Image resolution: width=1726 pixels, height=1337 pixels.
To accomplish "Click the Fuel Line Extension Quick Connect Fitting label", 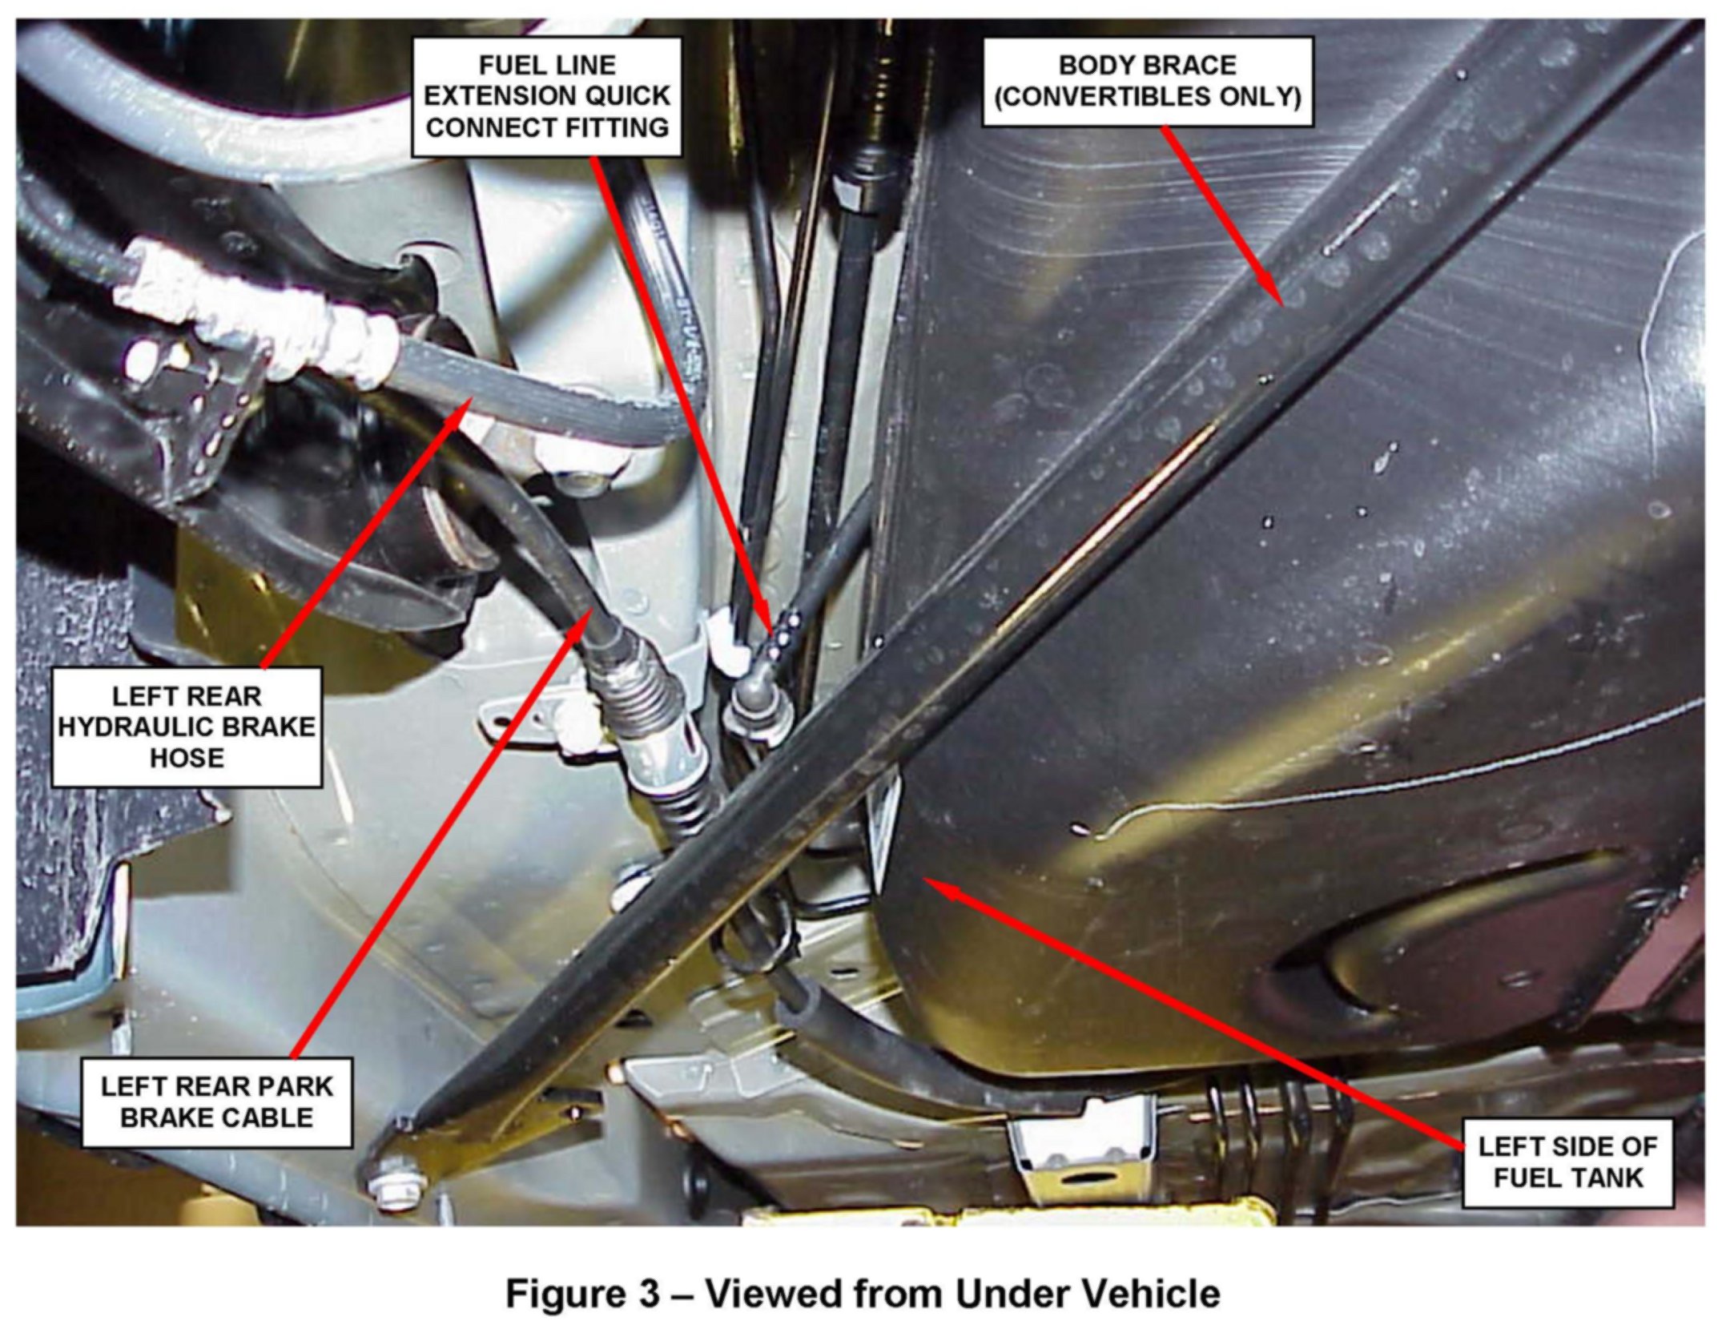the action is (x=547, y=96).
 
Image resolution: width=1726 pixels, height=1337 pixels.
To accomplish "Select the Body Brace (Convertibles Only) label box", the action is (x=1148, y=81).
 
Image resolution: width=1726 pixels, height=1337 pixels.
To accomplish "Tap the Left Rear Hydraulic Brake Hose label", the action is (x=187, y=727).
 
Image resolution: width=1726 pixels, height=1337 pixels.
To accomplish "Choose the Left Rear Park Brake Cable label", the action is (x=216, y=1102).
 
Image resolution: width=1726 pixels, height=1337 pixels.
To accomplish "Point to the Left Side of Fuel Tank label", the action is (x=1567, y=1162).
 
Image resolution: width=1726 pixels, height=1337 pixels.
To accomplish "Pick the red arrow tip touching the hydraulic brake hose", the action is (x=468, y=405).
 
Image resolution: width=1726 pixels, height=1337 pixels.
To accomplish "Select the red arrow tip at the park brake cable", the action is (x=591, y=609).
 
